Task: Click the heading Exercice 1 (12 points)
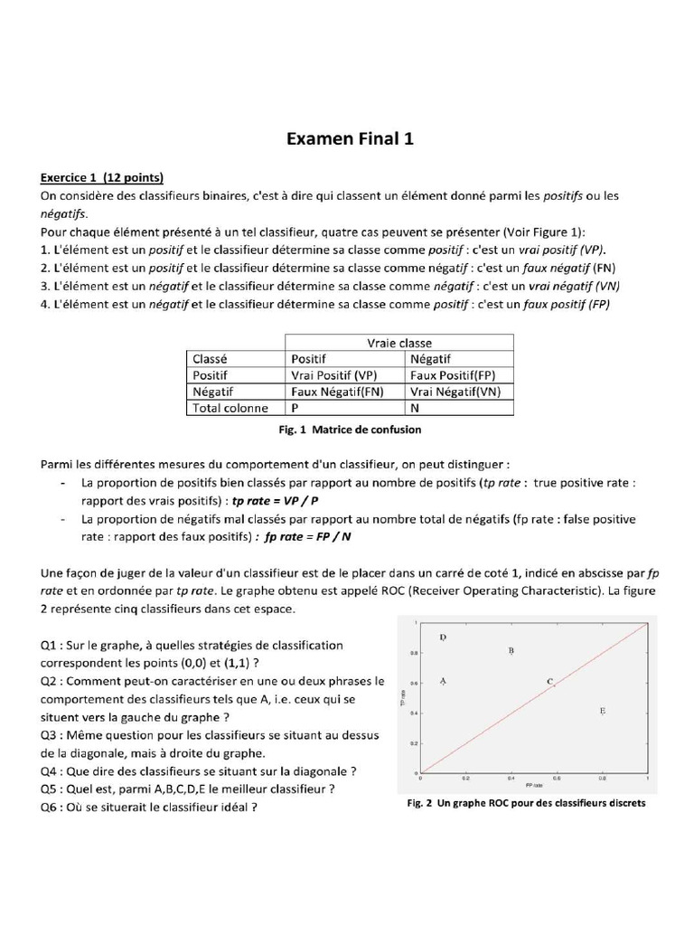(101, 176)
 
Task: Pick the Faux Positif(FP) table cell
(452, 374)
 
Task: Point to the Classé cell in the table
(211, 358)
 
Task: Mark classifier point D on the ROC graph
(443, 638)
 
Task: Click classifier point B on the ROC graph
(511, 650)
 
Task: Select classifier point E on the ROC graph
(602, 712)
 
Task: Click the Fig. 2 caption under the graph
(521, 803)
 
